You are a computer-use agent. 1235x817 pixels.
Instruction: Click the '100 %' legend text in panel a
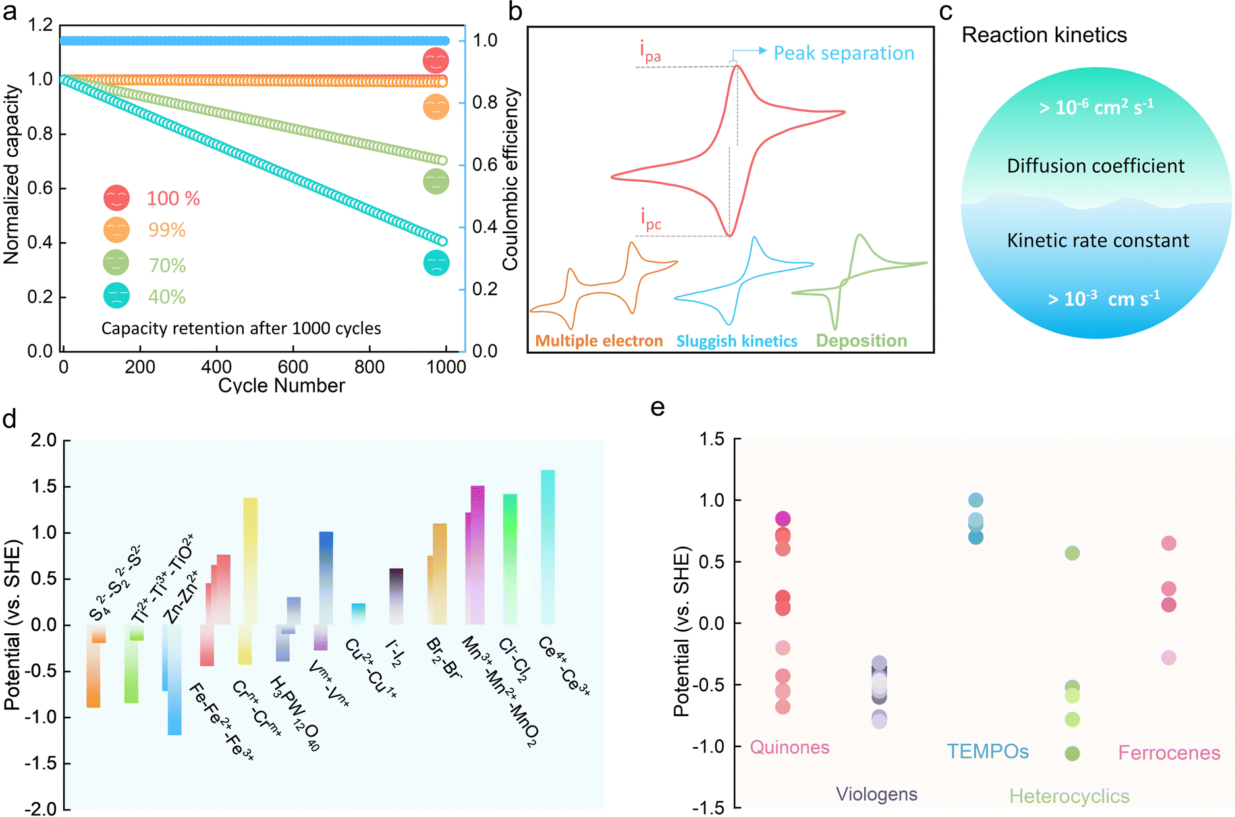pos(173,198)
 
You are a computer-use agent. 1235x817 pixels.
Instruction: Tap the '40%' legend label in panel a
pos(167,296)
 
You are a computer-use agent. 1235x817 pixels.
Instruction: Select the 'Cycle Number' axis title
pos(281,385)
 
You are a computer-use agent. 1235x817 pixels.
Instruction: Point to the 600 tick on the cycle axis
pos(292,367)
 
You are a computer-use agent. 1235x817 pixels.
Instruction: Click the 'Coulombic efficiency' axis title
pos(510,179)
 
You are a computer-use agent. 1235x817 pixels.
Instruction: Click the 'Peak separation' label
pos(844,53)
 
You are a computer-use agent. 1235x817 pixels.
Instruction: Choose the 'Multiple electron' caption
pos(599,341)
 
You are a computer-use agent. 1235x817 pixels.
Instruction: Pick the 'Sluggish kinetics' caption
pos(736,341)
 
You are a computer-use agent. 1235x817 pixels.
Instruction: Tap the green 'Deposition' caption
pos(862,341)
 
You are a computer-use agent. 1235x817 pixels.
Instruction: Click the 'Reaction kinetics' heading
pos(1044,35)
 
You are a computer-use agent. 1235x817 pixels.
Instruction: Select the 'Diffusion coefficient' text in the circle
pos(1095,166)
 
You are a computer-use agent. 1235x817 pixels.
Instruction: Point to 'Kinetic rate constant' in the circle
pos(1098,240)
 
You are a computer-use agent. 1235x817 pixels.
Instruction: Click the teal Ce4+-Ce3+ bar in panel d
pos(547,547)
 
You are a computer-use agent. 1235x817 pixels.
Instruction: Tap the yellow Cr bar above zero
pos(250,560)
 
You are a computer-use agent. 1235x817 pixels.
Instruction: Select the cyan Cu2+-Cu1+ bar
pos(358,613)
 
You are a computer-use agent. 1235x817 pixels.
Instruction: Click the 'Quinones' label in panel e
pos(789,747)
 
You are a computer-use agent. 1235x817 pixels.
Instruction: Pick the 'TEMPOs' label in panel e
pos(987,751)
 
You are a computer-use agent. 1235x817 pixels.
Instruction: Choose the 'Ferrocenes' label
pos(1169,752)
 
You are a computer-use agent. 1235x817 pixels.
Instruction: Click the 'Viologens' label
pos(877,794)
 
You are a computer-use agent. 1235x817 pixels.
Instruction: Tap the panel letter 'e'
pos(657,407)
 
